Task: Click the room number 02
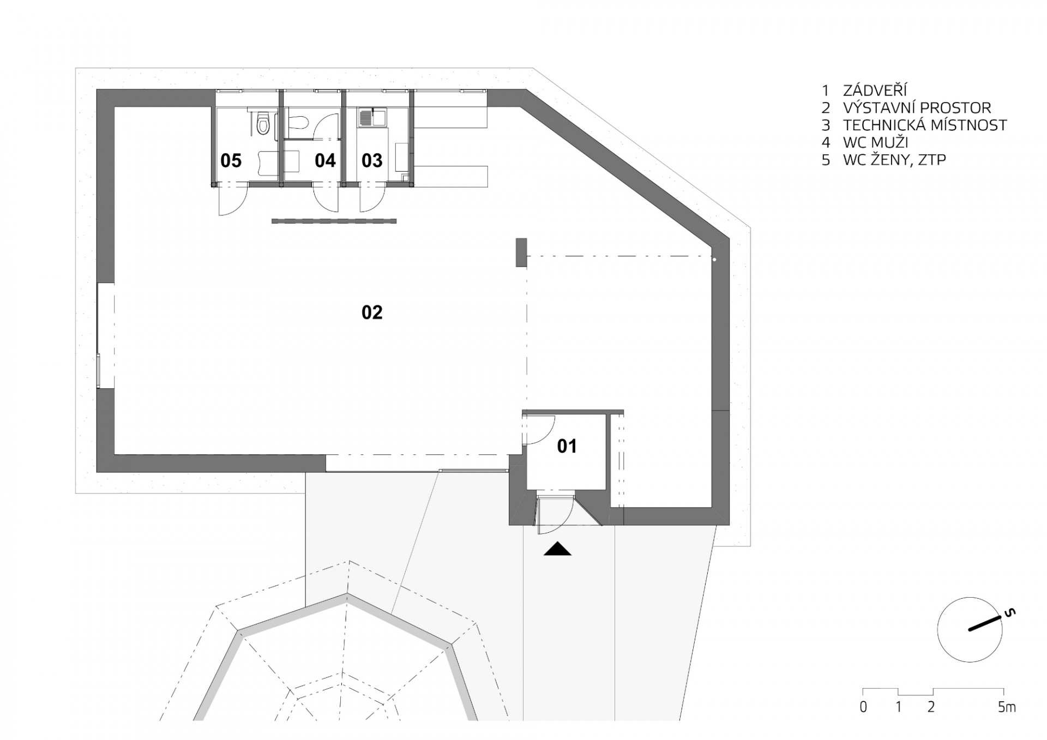tap(372, 312)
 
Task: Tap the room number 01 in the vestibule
tap(567, 446)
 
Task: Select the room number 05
tap(231, 160)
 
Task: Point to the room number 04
tap(325, 160)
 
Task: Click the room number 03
tap(372, 160)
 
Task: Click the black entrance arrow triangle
tap(557, 549)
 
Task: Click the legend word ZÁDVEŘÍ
tap(876, 91)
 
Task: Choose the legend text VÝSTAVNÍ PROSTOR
tap(917, 108)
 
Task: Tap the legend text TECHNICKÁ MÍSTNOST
tap(925, 125)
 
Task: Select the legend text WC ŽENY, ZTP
tap(894, 160)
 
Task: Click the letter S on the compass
tap(1010, 614)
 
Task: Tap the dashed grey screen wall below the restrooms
tap(334, 221)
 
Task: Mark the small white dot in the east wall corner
tap(714, 260)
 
